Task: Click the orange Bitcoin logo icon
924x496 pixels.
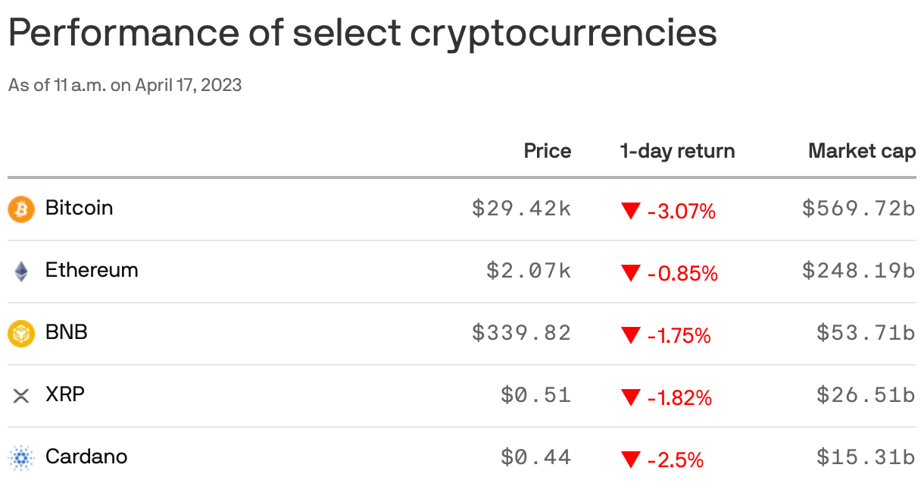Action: [x=21, y=209]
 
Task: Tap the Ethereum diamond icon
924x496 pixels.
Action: [x=21, y=271]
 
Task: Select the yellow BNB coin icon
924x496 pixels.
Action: [x=21, y=333]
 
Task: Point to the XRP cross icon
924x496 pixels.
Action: [x=21, y=395]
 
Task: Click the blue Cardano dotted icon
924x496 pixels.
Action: [x=21, y=457]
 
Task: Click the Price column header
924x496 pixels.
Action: [x=547, y=151]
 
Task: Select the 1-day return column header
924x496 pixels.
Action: [x=677, y=151]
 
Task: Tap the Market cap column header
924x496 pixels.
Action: [x=862, y=151]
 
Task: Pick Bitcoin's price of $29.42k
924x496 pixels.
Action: [x=521, y=209]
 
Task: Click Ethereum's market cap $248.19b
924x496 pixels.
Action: [x=858, y=271]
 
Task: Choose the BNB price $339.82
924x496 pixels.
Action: [x=521, y=333]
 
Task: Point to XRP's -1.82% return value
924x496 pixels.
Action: [x=679, y=397]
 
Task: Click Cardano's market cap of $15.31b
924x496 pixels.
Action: [x=866, y=457]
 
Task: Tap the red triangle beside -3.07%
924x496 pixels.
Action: [x=630, y=211]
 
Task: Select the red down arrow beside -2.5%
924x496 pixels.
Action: [x=630, y=460]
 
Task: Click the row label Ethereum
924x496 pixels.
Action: [x=92, y=270]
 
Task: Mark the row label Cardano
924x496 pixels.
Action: [x=86, y=457]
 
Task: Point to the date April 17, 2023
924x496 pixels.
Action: [x=189, y=85]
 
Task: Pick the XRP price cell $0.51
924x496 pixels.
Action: [x=535, y=395]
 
